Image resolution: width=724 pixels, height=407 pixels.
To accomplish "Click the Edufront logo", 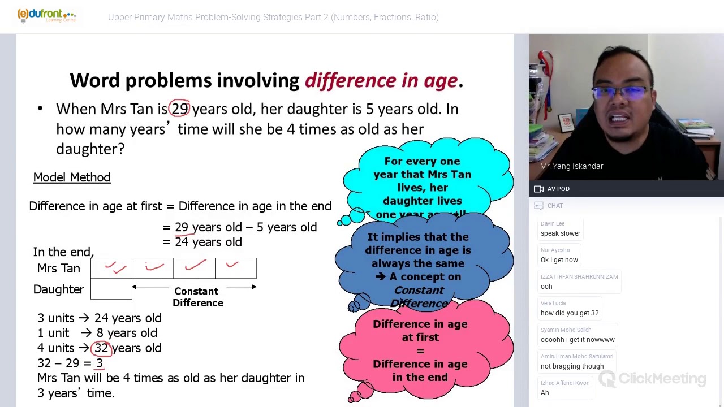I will point(46,15).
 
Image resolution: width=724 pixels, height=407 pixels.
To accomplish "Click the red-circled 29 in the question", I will point(180,109).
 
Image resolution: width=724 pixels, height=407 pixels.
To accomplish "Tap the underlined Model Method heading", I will point(72,177).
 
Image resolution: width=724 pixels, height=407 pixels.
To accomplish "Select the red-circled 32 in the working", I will point(101,348).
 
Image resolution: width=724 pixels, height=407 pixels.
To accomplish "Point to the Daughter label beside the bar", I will point(58,289).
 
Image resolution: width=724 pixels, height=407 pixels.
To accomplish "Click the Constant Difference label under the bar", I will point(197,297).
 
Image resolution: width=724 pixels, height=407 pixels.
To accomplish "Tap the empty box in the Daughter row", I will point(111,289).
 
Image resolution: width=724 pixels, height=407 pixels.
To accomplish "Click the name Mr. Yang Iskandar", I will point(571,166).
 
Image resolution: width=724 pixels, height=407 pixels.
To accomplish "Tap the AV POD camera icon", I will point(538,189).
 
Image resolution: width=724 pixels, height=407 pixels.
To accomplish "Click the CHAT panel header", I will point(554,206).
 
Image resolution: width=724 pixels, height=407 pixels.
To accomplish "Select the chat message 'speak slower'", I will point(560,233).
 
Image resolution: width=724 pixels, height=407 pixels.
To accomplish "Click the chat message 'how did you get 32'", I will point(569,313).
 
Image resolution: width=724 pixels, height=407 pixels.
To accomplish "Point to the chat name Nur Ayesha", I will point(555,250).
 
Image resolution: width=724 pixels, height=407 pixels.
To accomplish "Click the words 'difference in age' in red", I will point(381,81).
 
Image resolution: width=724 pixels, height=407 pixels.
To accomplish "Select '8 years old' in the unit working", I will point(127,333).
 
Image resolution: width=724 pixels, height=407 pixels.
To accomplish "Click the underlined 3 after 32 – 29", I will point(99,363).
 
